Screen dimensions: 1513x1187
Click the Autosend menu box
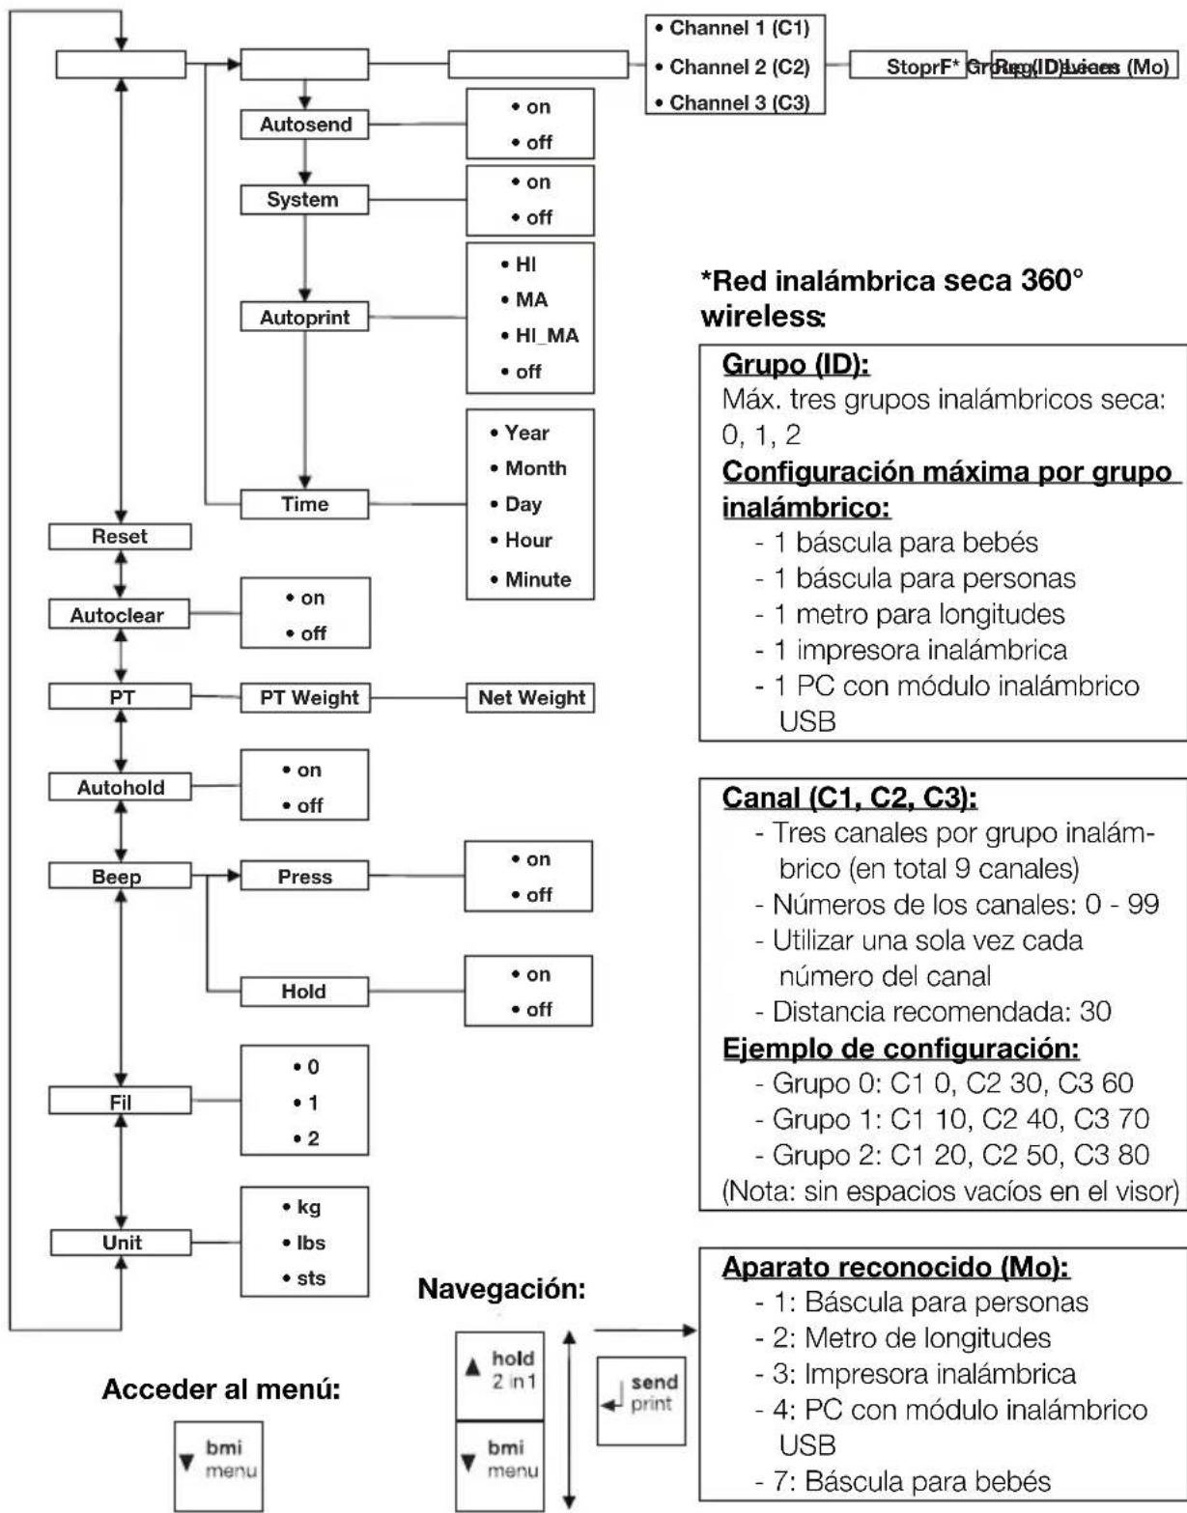304,125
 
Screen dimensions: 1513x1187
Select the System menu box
304,200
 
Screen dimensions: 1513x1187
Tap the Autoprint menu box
304,317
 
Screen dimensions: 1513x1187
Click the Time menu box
304,504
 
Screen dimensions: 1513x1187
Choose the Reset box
120,537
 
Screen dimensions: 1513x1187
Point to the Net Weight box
530,697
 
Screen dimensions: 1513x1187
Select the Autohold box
120,787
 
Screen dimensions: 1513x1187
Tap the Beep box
120,877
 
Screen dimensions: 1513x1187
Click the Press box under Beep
304,877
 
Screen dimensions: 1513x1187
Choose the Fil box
120,1101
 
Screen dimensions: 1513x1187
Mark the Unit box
120,1243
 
